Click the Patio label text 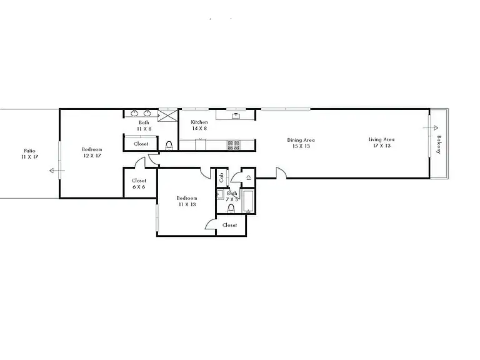29,151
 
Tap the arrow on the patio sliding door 56,170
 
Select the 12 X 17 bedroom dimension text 92,156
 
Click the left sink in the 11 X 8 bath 134,113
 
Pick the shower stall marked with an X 168,115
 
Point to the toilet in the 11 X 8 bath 169,146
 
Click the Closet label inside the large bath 141,144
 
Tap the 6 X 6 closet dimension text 139,187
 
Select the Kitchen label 199,122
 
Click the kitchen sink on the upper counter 236,115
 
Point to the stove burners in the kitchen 233,145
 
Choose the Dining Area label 301,140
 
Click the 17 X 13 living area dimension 381,146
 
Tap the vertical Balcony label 439,145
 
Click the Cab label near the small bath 221,177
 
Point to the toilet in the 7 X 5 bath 231,208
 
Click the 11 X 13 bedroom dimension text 187,204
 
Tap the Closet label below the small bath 230,225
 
